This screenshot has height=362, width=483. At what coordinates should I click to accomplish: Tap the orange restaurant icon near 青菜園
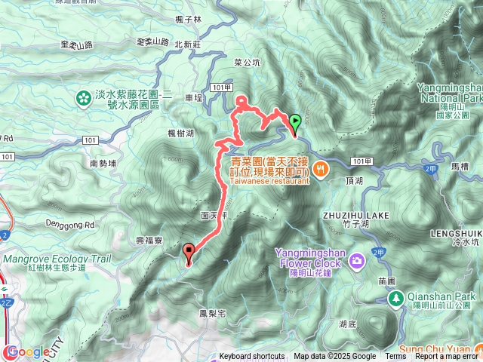point(320,169)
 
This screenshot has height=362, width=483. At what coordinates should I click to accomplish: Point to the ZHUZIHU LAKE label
point(358,215)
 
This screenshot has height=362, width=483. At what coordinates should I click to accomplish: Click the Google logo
point(28,351)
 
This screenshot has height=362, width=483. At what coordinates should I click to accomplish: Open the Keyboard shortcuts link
point(252,357)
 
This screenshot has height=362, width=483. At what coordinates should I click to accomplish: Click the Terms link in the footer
point(395,357)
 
